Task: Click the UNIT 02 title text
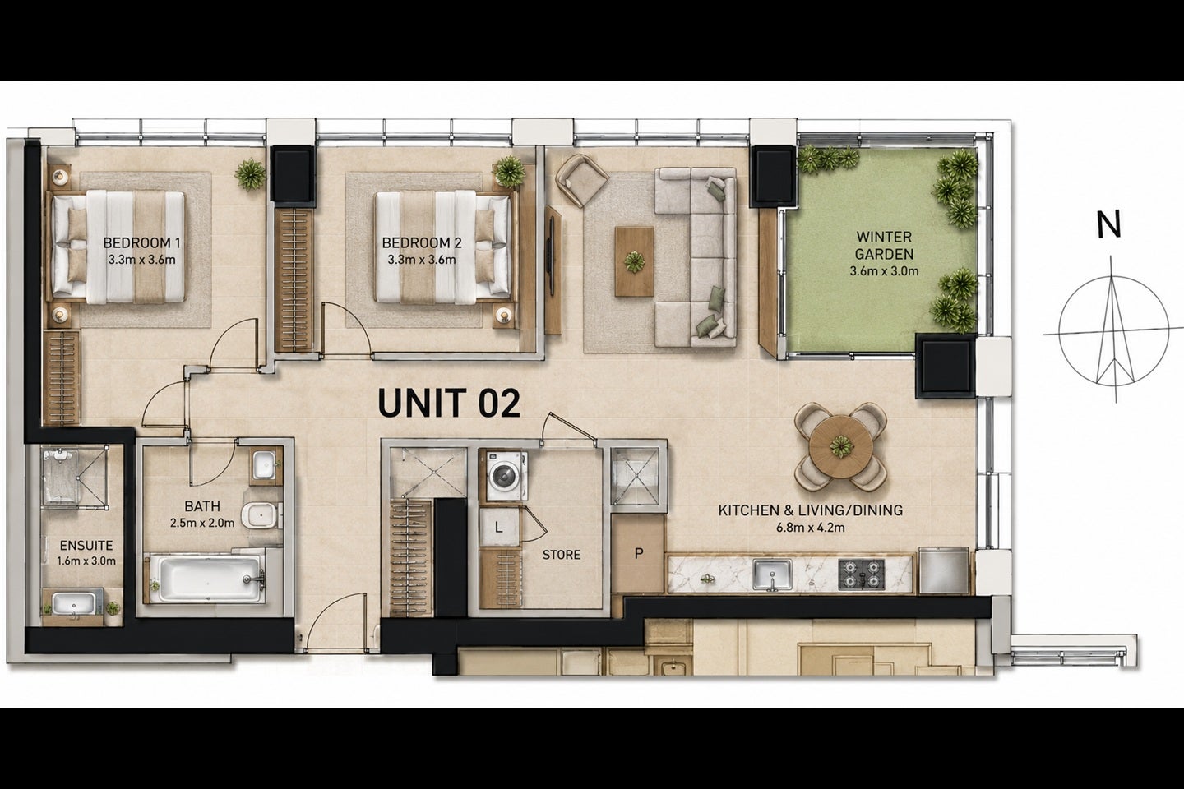click(449, 404)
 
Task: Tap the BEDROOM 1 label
click(141, 243)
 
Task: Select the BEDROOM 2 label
click(422, 243)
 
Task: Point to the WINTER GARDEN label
click(885, 245)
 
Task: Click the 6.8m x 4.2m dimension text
click(811, 528)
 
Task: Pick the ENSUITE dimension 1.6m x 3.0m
click(86, 561)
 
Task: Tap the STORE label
click(562, 555)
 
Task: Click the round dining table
click(840, 447)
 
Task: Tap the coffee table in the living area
click(634, 261)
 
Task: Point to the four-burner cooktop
click(861, 574)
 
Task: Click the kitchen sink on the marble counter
click(772, 574)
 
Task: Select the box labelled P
click(639, 554)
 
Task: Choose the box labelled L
click(498, 527)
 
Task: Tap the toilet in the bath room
click(260, 514)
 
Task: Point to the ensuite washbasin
click(74, 604)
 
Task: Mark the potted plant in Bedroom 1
click(249, 173)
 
